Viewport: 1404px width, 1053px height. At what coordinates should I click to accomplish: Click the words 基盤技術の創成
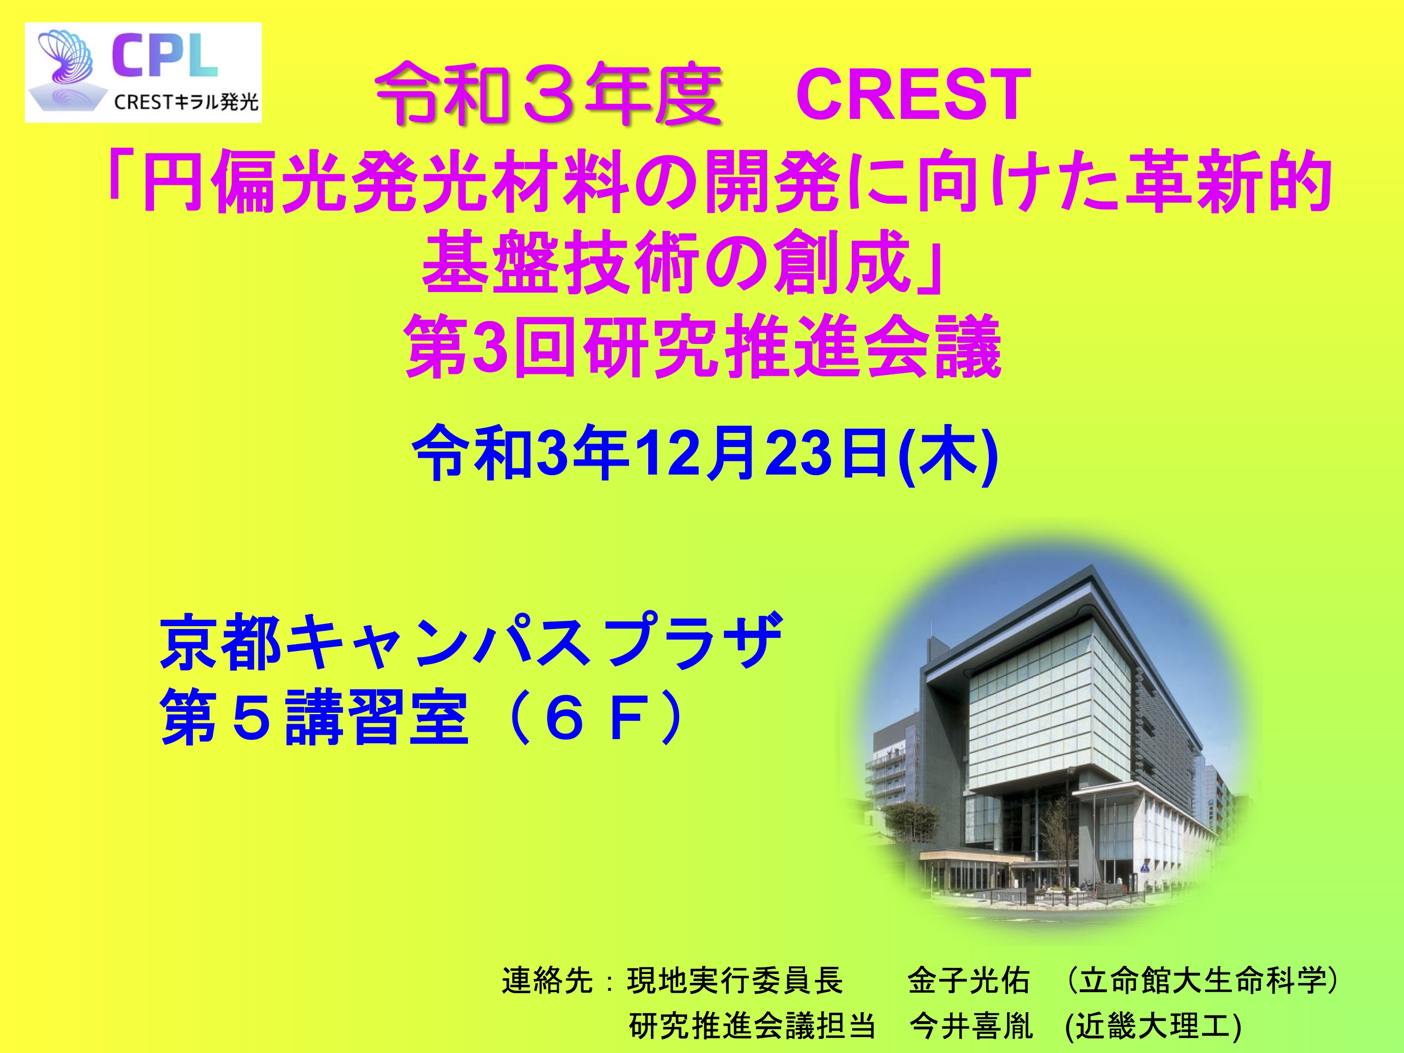(x=663, y=262)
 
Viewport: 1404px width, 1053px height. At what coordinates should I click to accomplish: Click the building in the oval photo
(x=1041, y=749)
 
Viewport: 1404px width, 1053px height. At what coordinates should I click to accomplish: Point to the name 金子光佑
(x=969, y=980)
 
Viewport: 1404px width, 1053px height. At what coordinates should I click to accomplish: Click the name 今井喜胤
(x=971, y=1026)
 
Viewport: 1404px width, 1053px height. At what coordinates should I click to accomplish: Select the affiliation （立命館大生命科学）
(x=1201, y=980)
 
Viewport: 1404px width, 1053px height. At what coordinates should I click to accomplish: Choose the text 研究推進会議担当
(x=753, y=1026)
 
